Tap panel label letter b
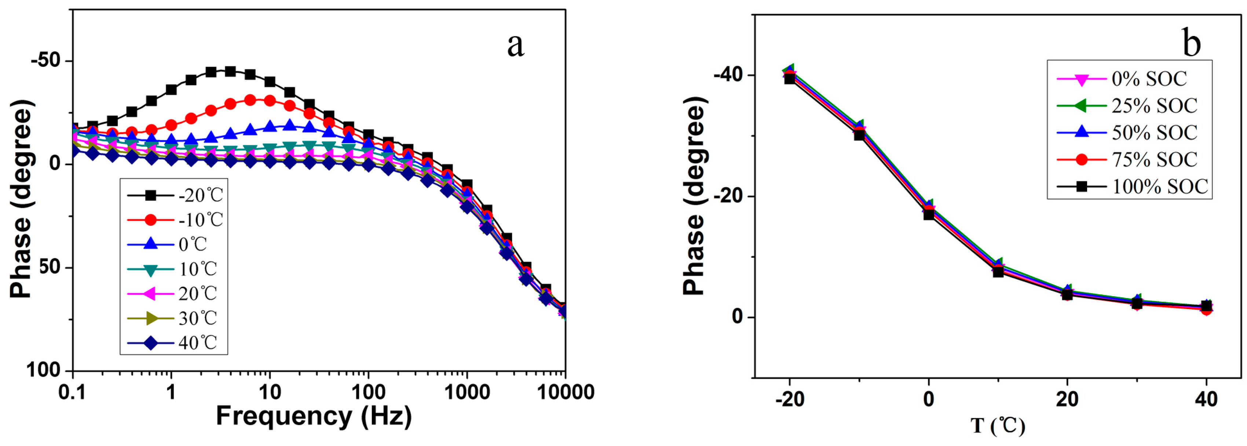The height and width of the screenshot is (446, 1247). [1191, 42]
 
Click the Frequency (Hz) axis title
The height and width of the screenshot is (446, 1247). [314, 416]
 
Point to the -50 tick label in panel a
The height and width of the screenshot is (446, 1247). [45, 61]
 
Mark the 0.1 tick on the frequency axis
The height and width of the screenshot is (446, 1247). [73, 392]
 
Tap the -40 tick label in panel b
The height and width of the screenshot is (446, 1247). [728, 75]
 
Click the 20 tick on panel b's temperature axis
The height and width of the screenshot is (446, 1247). [1067, 399]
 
